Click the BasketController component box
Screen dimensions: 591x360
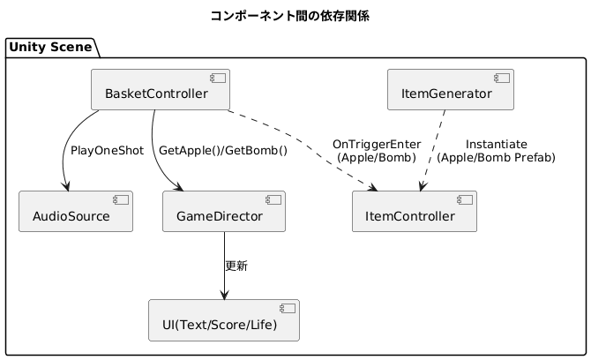coord(161,90)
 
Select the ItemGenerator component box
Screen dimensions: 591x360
coord(451,90)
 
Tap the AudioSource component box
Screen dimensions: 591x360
coord(76,212)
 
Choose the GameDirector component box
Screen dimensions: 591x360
coord(224,212)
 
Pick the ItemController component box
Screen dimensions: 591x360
coord(415,212)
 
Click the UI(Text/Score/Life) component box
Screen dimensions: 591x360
coord(224,320)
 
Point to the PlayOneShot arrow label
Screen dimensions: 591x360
coord(107,151)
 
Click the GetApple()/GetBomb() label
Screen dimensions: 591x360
coord(223,151)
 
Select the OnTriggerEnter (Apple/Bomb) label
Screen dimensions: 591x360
coord(377,151)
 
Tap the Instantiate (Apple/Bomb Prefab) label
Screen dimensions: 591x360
coord(496,151)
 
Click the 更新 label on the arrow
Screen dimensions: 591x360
coord(236,266)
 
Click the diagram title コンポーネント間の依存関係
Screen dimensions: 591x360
coord(290,16)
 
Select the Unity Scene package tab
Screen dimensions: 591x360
coord(50,47)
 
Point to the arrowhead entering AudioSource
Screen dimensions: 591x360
coord(67,186)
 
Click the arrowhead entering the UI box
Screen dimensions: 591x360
coord(224,296)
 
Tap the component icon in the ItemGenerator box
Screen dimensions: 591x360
coord(502,78)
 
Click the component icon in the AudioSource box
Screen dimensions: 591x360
coord(121,199)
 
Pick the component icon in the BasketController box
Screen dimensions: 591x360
coord(218,78)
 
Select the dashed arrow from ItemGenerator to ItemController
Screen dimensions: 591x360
coord(433,151)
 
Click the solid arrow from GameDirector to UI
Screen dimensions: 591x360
coord(224,266)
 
